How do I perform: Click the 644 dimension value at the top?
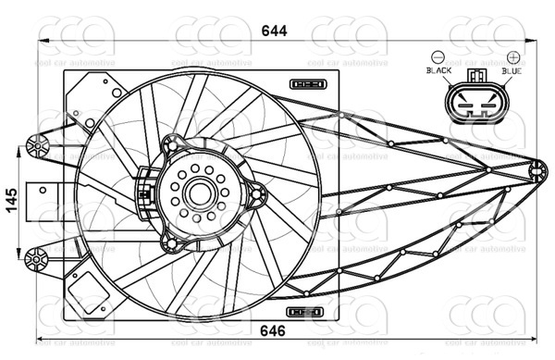click(272, 31)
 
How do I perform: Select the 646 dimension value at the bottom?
click(272, 330)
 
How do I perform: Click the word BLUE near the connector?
click(511, 70)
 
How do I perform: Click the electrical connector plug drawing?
click(476, 104)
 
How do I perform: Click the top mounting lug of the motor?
click(170, 144)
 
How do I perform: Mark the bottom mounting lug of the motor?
click(170, 242)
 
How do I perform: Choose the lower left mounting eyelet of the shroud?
click(38, 258)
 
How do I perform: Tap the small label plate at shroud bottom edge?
click(304, 312)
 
